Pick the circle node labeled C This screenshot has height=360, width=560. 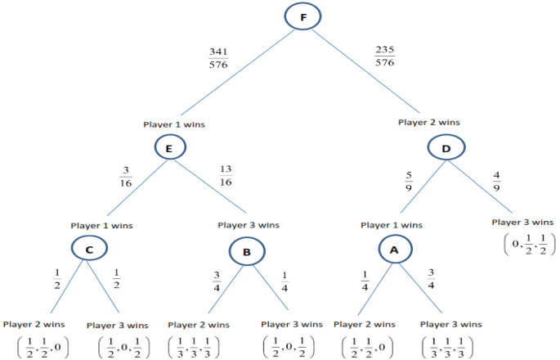click(x=89, y=248)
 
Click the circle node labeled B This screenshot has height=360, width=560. click(x=247, y=251)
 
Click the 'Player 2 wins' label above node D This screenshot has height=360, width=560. click(x=428, y=122)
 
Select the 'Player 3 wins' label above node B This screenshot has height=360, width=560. click(x=249, y=224)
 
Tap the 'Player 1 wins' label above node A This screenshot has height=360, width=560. click(x=392, y=224)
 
